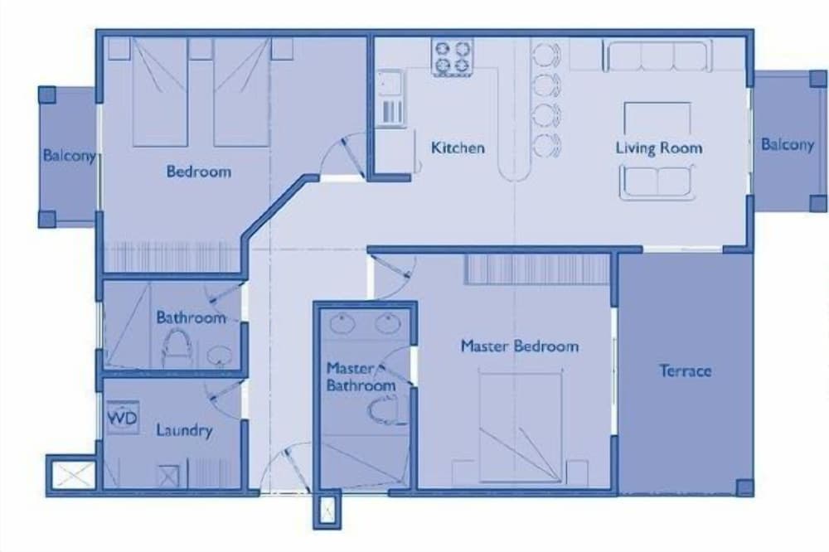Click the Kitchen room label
click(x=458, y=148)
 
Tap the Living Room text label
click(x=658, y=148)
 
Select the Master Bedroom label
click(x=519, y=346)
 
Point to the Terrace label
click(x=685, y=370)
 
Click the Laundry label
click(x=184, y=430)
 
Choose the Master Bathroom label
click(x=360, y=377)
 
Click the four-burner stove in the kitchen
click(x=452, y=57)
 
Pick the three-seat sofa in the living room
click(x=657, y=56)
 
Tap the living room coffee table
click(x=657, y=119)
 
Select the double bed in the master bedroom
click(x=520, y=429)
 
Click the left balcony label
click(x=69, y=155)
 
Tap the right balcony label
click(x=787, y=144)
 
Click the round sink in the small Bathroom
click(x=219, y=356)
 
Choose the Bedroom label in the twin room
click(x=198, y=172)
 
